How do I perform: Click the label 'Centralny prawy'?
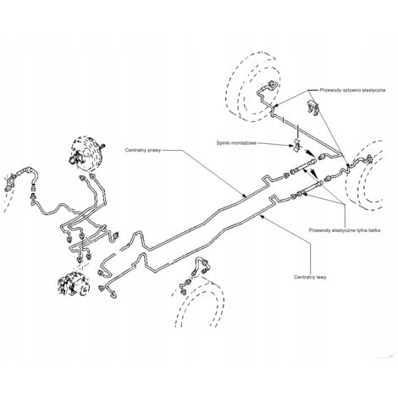click(143, 150)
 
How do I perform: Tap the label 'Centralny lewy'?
click(310, 277)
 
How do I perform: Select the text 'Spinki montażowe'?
click(236, 143)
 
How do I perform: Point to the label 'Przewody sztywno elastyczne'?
click(352, 91)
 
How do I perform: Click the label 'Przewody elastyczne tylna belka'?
click(345, 230)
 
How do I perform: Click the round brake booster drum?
click(86, 154)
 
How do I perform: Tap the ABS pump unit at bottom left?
click(74, 285)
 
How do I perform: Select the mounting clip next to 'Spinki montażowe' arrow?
click(296, 145)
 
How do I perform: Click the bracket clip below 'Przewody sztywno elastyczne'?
click(312, 108)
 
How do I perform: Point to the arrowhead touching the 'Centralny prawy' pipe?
click(245, 196)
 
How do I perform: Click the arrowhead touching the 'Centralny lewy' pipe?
click(262, 216)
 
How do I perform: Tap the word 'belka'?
click(373, 230)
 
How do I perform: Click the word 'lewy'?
click(321, 277)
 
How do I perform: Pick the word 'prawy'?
click(154, 150)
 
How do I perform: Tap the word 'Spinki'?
click(223, 143)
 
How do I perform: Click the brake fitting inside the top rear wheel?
click(272, 86)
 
